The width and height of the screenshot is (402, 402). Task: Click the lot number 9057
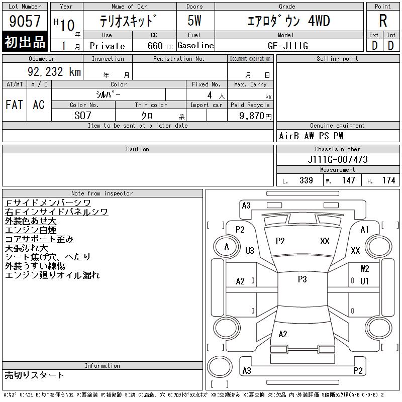click(x=25, y=21)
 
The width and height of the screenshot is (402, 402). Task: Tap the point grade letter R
click(x=383, y=21)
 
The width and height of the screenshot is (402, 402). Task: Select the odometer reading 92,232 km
click(x=54, y=71)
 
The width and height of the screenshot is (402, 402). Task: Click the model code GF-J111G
click(x=287, y=46)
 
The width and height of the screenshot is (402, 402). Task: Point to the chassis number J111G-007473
click(x=338, y=159)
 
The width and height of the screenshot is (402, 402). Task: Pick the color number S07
click(x=83, y=116)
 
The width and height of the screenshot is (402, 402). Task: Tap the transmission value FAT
click(x=15, y=105)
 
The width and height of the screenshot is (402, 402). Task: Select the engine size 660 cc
click(x=160, y=46)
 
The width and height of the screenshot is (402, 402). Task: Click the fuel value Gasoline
click(x=195, y=45)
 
